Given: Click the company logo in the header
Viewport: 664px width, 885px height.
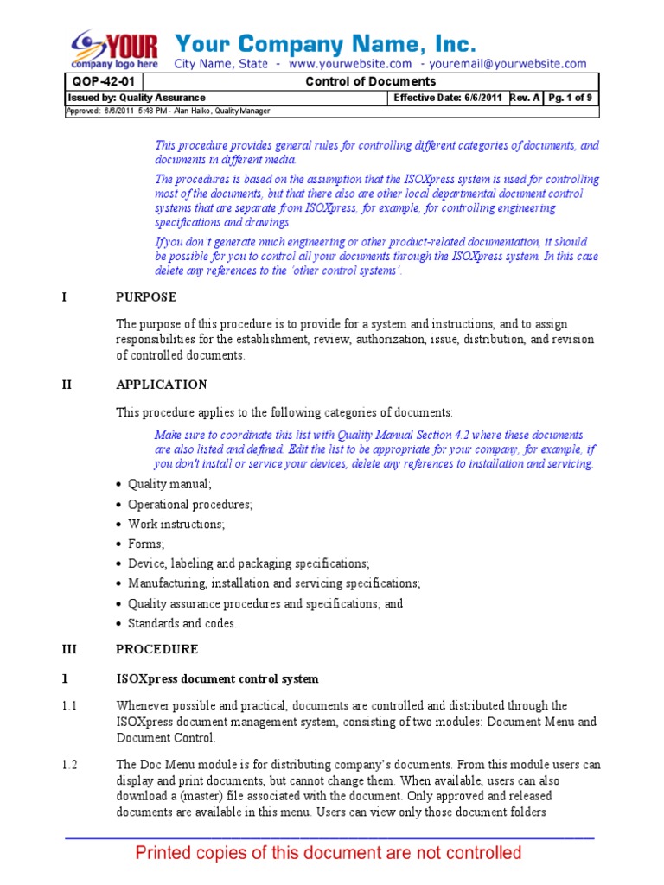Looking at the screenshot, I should (116, 49).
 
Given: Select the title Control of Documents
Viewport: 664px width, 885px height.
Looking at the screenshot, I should (372, 82).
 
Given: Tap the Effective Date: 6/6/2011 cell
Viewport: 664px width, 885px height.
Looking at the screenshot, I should (449, 98).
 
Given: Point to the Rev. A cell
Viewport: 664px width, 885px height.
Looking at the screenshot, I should (526, 98).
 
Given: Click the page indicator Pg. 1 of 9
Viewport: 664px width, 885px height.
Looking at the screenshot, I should (571, 98).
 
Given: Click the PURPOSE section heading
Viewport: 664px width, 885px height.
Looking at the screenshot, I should (146, 297).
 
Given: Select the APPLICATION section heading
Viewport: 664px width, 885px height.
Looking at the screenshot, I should (162, 385).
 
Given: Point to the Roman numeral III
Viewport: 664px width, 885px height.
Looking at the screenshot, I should (70, 649).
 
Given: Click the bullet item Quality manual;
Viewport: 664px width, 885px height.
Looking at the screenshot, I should (169, 484).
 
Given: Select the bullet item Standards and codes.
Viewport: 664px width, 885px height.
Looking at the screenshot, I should (182, 623).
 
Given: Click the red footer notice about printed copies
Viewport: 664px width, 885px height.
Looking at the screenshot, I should (329, 854).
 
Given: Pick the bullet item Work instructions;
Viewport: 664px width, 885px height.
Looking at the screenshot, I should (176, 524).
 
